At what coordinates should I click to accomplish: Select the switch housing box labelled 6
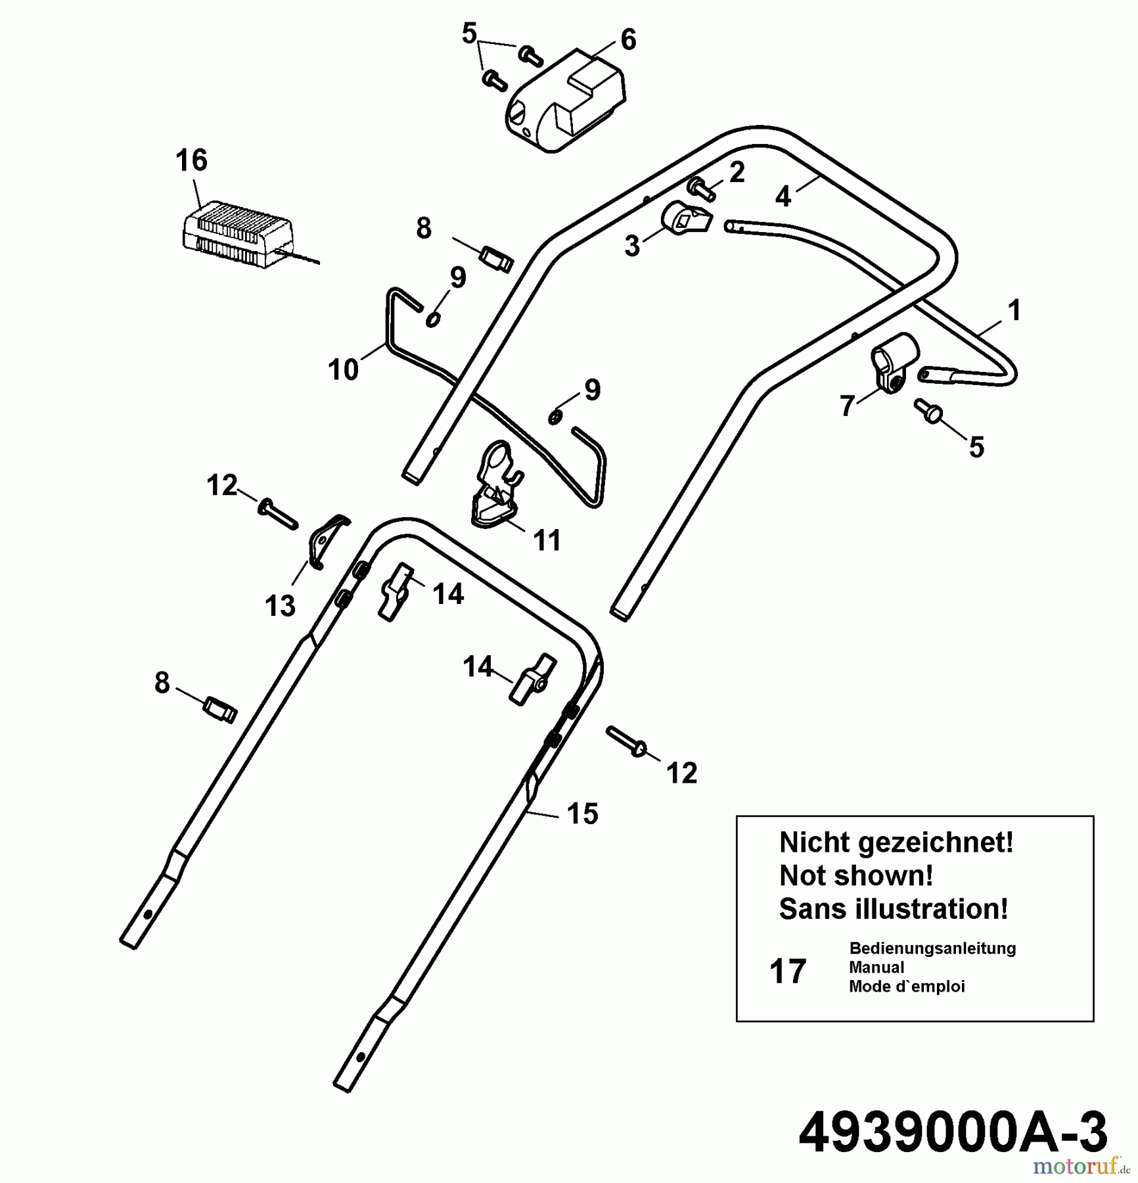[x=565, y=102]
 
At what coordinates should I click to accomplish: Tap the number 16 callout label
[x=191, y=160]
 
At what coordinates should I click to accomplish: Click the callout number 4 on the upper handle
[x=782, y=197]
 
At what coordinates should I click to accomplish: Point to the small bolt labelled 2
[x=702, y=189]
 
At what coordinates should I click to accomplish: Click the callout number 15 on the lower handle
[x=582, y=814]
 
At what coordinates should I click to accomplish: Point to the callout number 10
[x=343, y=369]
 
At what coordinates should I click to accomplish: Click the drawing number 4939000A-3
[x=953, y=1132]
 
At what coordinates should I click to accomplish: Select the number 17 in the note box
[x=787, y=971]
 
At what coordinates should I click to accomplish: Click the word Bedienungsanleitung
[x=932, y=948]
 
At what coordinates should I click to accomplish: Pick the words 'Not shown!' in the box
[x=855, y=875]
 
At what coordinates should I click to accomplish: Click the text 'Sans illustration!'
[x=893, y=909]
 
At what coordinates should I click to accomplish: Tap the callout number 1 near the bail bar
[x=1014, y=310]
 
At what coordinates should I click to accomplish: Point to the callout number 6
[x=628, y=40]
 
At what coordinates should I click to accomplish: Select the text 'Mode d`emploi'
[x=907, y=986]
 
